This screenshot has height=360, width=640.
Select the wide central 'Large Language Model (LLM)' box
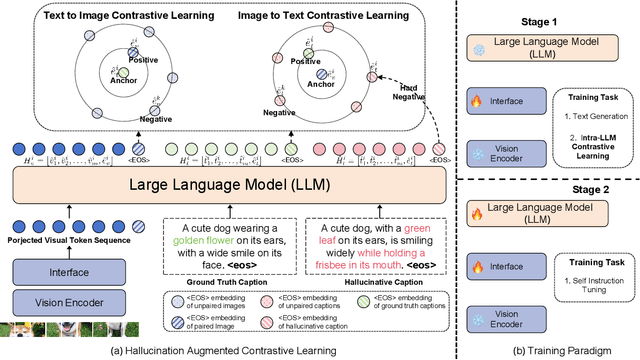[231, 158]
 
